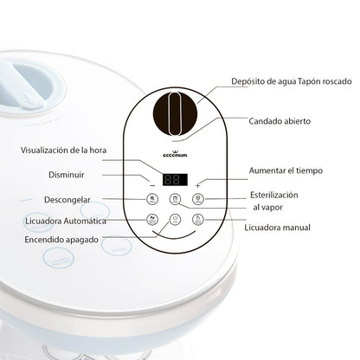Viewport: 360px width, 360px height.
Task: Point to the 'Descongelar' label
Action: click(67, 200)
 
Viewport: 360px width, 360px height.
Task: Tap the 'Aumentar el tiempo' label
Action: click(286, 170)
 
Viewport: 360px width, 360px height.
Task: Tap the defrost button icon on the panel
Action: click(153, 201)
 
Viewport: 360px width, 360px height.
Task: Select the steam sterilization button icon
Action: click(197, 201)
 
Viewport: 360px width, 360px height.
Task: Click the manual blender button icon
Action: click(197, 220)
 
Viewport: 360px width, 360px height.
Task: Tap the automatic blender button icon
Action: click(153, 220)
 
